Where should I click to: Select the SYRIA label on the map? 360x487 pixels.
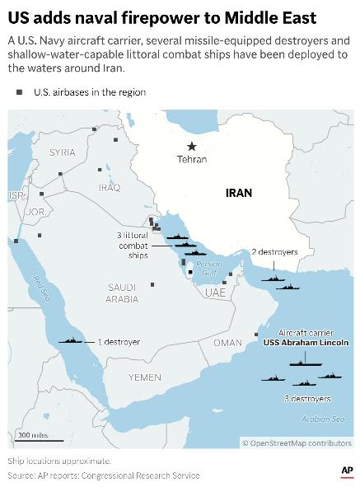pyautogui.click(x=62, y=152)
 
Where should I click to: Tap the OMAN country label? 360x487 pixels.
pyautogui.click(x=228, y=342)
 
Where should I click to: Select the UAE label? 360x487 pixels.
pyautogui.click(x=215, y=293)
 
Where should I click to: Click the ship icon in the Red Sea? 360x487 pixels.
pyautogui.click(x=71, y=341)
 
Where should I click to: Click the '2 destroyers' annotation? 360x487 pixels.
pyautogui.click(x=275, y=251)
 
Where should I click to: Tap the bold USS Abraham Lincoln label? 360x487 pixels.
pyautogui.click(x=306, y=341)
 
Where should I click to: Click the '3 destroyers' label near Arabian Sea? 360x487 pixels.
pyautogui.click(x=306, y=398)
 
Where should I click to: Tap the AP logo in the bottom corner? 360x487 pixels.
pyautogui.click(x=346, y=471)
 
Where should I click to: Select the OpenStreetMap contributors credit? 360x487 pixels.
pyautogui.click(x=296, y=443)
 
